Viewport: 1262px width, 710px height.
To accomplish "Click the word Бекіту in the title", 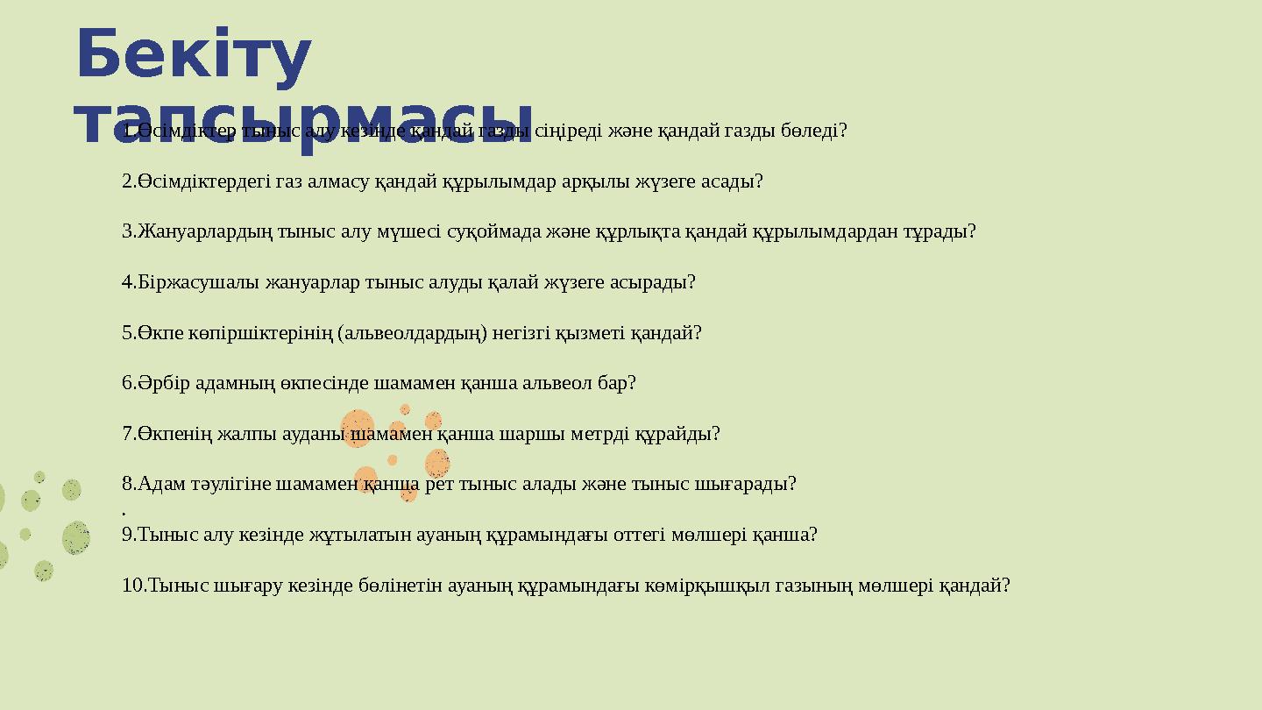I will pos(194,54).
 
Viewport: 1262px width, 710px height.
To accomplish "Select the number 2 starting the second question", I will pos(127,181).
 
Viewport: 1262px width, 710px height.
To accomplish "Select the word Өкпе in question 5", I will pos(158,333).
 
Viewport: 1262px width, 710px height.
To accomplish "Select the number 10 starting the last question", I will pos(131,586).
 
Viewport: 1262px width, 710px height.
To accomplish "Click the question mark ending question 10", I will pos(1006,586).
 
